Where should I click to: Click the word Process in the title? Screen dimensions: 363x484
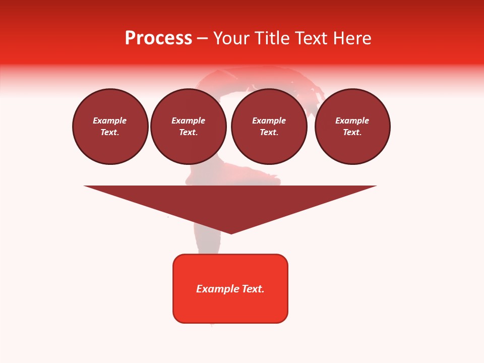click(158, 38)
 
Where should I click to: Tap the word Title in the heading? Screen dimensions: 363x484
click(272, 38)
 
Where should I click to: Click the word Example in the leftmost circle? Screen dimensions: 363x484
click(110, 120)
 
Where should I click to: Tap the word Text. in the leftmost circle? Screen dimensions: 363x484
click(110, 132)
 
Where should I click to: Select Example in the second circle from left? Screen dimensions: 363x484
click(188, 120)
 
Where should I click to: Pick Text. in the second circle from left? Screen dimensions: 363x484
click(188, 132)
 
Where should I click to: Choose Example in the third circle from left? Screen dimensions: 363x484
click(269, 120)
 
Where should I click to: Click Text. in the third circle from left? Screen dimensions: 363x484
click(269, 132)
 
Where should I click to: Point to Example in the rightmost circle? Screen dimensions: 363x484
click(352, 120)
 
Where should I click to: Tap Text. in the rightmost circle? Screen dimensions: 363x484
click(352, 132)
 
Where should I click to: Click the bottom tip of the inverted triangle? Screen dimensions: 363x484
click(231, 232)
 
